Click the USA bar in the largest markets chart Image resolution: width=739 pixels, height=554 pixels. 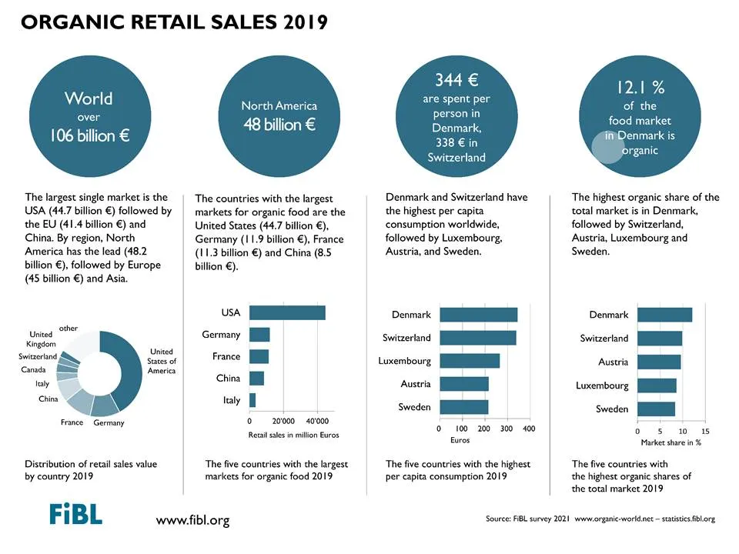(287, 313)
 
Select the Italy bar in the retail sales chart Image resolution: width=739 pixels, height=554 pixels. (252, 400)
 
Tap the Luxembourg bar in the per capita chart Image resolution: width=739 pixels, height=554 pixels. (470, 361)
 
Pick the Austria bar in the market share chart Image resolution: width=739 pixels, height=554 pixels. (660, 362)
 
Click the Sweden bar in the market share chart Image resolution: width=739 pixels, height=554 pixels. (657, 409)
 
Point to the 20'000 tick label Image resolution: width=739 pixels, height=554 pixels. (283, 421)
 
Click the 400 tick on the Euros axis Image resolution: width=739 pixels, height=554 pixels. (530, 429)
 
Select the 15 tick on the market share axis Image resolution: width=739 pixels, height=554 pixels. (705, 431)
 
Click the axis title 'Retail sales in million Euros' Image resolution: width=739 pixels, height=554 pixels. (293, 435)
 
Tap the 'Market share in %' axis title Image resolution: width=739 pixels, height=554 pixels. (671, 442)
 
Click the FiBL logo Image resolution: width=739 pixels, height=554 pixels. (76, 513)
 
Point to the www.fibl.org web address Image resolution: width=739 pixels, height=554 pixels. (192, 521)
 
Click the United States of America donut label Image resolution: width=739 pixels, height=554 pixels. (162, 362)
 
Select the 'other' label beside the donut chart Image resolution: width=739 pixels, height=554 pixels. (69, 329)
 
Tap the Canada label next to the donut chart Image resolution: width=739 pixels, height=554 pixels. (33, 370)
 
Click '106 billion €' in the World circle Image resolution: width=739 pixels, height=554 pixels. (89, 135)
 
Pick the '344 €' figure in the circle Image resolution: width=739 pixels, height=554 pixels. (456, 79)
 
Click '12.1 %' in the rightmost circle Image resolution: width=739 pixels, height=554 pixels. (640, 87)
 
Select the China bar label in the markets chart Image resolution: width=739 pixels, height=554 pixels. (228, 379)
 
